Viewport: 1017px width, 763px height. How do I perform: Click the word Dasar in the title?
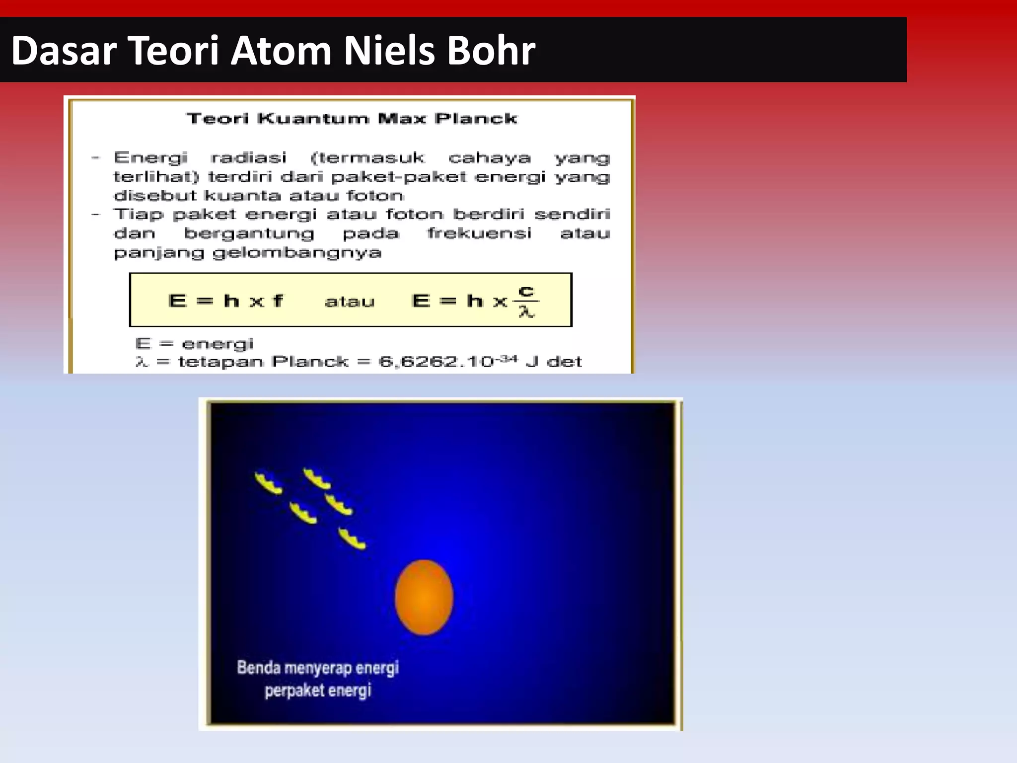(64, 51)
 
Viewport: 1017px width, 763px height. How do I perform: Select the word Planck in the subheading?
(476, 118)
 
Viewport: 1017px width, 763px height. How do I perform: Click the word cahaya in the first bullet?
(490, 158)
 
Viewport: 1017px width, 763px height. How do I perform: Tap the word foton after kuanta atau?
(375, 195)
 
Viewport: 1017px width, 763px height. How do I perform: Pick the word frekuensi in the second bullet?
(479, 233)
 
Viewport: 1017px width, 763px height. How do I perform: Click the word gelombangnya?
(297, 253)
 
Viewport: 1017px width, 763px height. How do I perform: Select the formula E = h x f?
(225, 301)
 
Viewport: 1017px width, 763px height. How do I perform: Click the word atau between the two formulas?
(350, 302)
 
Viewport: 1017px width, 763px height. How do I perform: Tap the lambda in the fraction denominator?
(526, 312)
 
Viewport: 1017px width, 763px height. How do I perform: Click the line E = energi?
(194, 343)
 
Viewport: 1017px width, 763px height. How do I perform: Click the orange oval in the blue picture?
(424, 598)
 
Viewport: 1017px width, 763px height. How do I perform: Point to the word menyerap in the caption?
(317, 668)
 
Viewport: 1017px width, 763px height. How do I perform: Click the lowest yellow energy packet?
(352, 539)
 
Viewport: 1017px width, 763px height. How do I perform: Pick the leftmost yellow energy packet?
(269, 483)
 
